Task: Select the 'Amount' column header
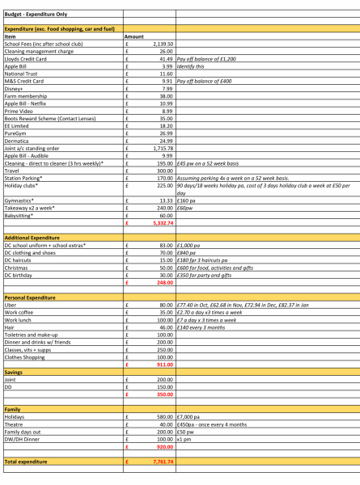[134, 37]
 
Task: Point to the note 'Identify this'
[193, 66]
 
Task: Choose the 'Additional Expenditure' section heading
[33, 238]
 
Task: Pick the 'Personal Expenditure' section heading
[32, 297]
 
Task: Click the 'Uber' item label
[11, 305]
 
